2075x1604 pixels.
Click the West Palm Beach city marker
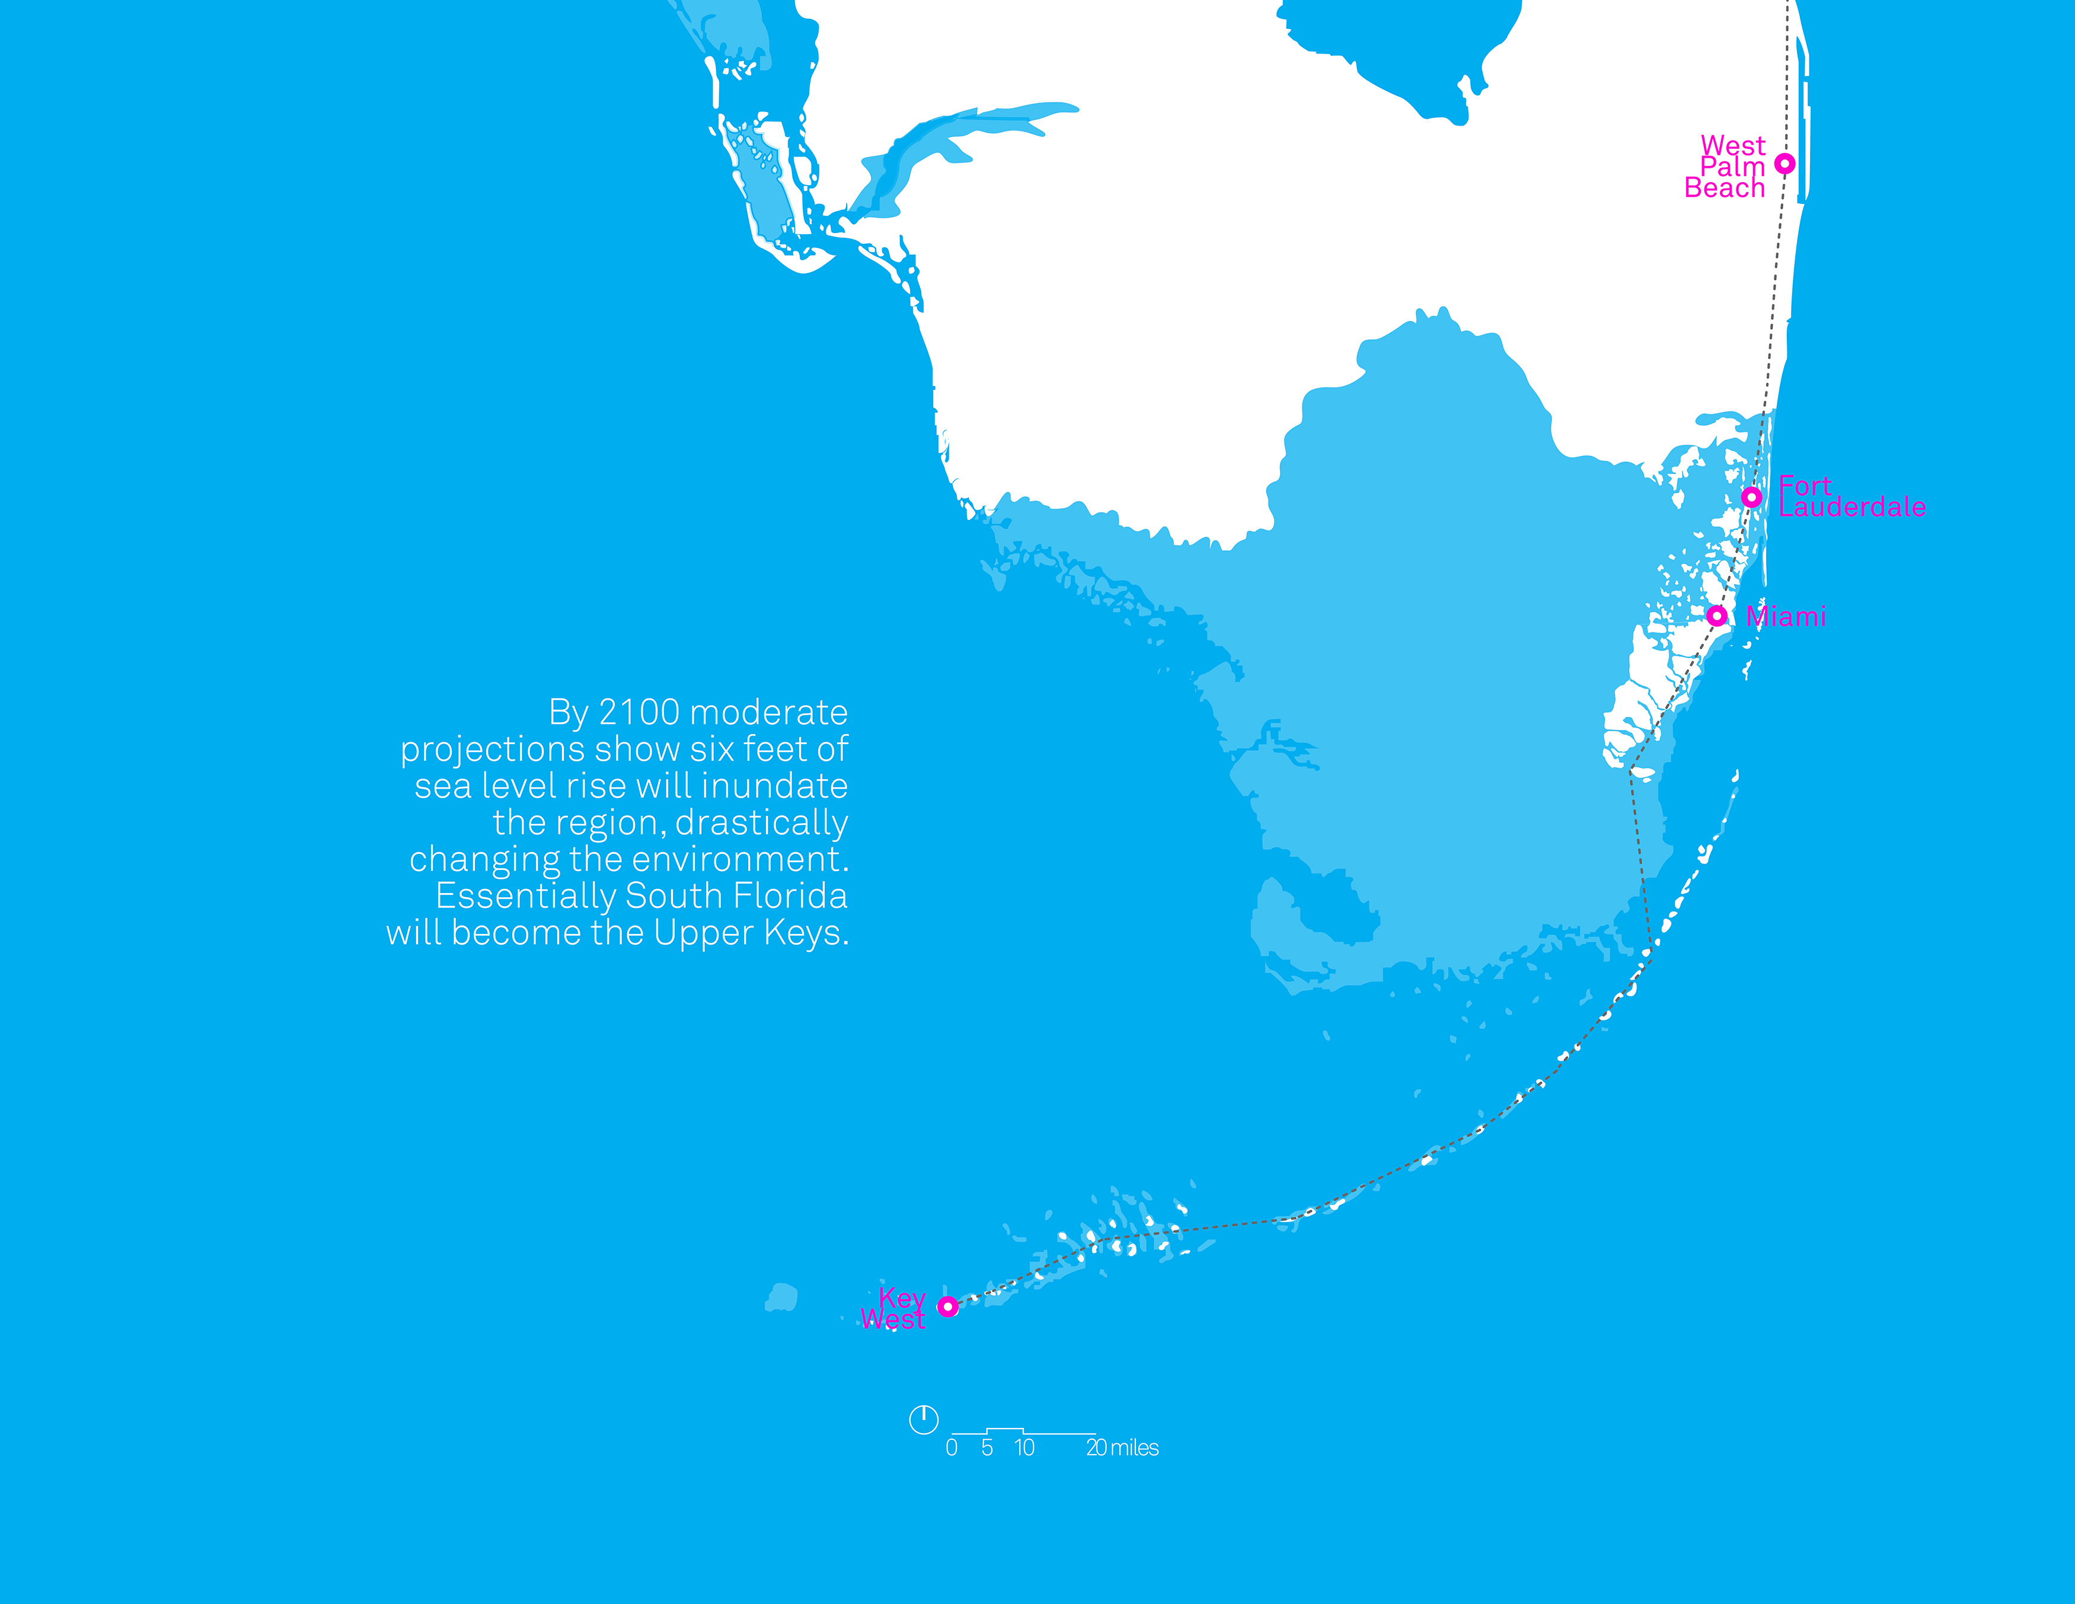click(1785, 164)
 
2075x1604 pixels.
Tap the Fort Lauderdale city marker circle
click(1752, 497)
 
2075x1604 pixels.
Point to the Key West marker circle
click(947, 1306)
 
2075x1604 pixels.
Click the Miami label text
click(1786, 617)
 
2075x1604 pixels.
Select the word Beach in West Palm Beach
click(1725, 188)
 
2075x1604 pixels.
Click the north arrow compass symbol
click(924, 1420)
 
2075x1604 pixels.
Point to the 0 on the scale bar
click(951, 1448)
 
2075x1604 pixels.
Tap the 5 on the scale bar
click(987, 1448)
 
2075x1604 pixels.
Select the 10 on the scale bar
click(1024, 1448)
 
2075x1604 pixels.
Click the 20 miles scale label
click(1122, 1448)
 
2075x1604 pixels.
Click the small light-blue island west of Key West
click(782, 1297)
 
